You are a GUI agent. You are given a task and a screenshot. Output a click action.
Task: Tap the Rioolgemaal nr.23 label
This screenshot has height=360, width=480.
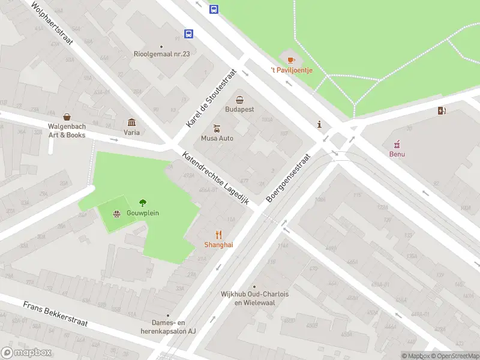pyautogui.click(x=161, y=54)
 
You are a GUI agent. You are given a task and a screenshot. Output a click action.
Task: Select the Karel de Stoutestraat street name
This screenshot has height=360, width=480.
pyautogui.click(x=211, y=98)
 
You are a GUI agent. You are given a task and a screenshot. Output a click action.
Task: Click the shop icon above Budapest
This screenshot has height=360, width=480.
pyautogui.click(x=239, y=100)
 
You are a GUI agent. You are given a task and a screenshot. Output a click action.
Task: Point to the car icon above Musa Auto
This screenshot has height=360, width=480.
pyautogui.click(x=217, y=128)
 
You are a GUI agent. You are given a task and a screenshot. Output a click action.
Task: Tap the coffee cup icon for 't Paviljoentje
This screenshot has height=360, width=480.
pyautogui.click(x=291, y=59)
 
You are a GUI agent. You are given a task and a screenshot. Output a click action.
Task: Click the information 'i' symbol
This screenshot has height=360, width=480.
pyautogui.click(x=319, y=124)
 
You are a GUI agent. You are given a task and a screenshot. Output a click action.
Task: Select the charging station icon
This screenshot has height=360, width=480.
pyautogui.click(x=442, y=110)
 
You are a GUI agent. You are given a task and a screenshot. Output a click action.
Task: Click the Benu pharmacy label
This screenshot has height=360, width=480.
pyautogui.click(x=397, y=154)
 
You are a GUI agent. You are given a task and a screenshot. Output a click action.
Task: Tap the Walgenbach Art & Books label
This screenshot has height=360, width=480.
pyautogui.click(x=67, y=130)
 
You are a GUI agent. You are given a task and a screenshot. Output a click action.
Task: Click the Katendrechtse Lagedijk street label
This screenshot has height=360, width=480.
pyautogui.click(x=221, y=178)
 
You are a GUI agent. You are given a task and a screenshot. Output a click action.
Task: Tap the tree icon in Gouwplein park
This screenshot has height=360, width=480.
pyautogui.click(x=143, y=203)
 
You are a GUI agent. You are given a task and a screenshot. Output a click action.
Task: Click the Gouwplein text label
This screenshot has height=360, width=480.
pyautogui.click(x=142, y=213)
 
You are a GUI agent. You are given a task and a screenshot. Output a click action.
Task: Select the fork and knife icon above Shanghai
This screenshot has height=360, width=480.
pyautogui.click(x=218, y=235)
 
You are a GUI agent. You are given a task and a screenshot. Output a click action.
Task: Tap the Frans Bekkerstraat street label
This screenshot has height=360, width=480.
pyautogui.click(x=56, y=314)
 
